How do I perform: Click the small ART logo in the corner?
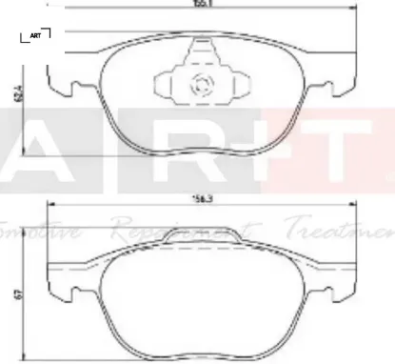click(x=36, y=36)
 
